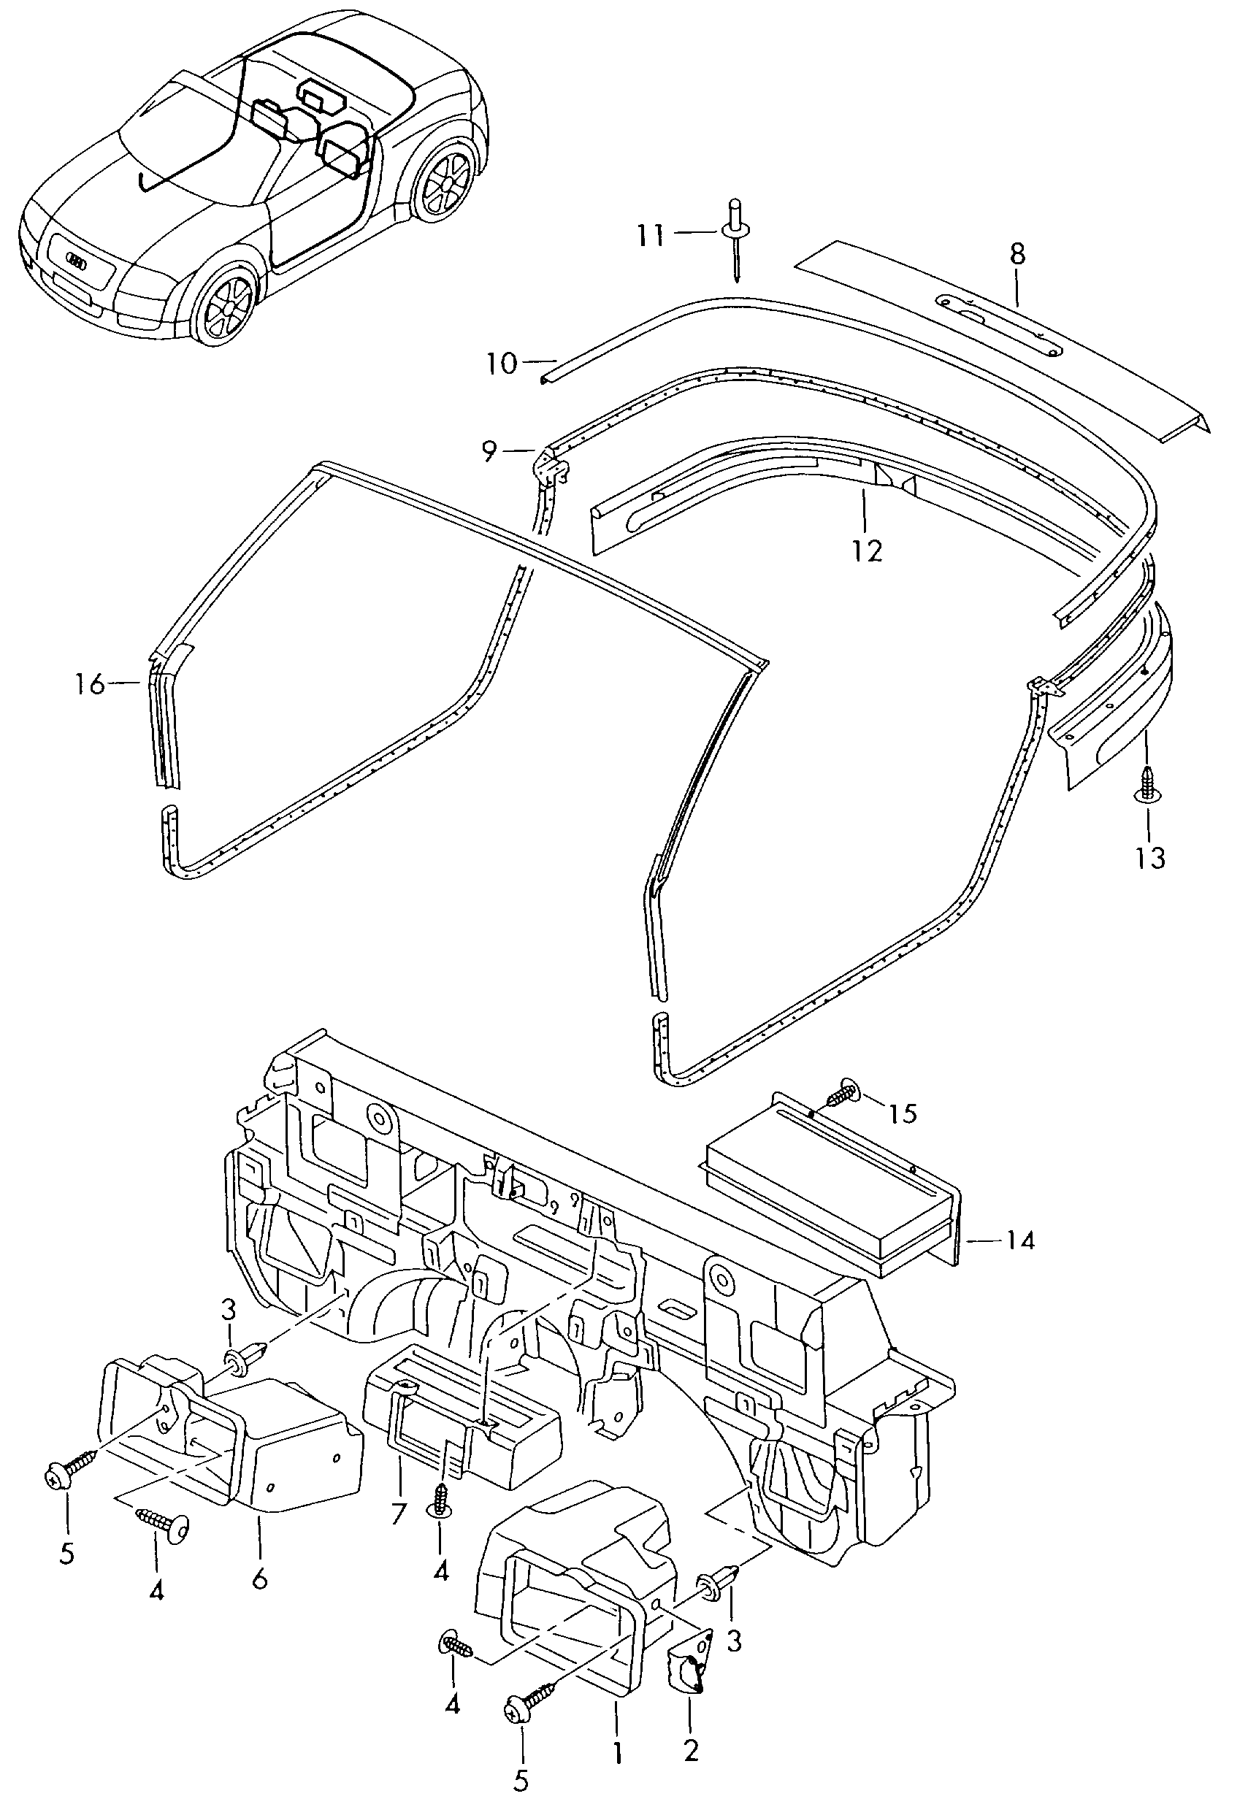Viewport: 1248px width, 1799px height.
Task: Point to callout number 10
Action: [x=501, y=364]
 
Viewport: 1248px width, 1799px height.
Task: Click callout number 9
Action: [x=489, y=452]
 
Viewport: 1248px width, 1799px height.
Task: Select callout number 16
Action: [x=90, y=685]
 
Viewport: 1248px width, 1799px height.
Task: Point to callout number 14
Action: [x=1020, y=1240]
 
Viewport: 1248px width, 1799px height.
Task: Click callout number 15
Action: [x=903, y=1113]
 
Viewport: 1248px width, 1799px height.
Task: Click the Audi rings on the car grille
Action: [x=78, y=261]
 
